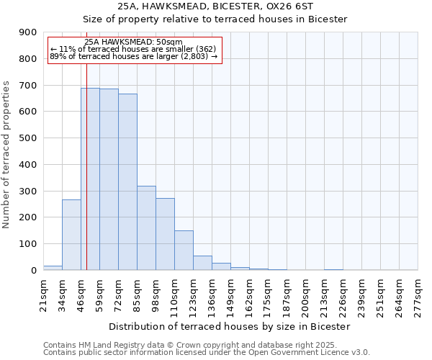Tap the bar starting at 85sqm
146,228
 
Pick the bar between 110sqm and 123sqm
184,250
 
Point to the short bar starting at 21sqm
53,268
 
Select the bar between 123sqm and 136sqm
202,263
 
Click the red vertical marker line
86,166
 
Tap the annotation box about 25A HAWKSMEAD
134,50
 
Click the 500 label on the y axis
28,138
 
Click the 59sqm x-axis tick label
100,294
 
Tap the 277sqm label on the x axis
418,296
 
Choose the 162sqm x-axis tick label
250,296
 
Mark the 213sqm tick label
325,296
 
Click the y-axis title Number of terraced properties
6,155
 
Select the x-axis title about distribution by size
230,326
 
